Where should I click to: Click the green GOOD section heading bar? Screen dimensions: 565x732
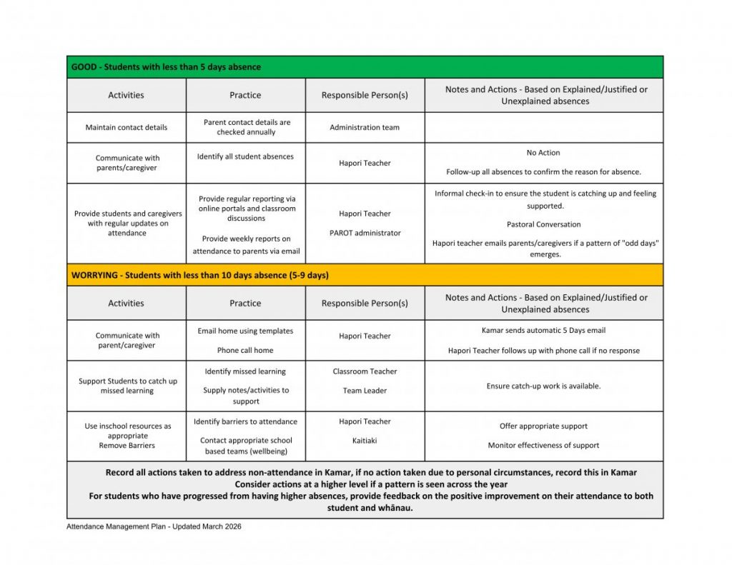(x=365, y=67)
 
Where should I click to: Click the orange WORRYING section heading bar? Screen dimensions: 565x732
(x=365, y=275)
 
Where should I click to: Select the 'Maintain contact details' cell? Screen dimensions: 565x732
(x=127, y=128)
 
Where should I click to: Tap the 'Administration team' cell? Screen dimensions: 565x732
(x=365, y=128)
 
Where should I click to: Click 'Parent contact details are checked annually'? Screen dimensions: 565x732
(x=246, y=127)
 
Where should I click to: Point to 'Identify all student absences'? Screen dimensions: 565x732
(x=245, y=156)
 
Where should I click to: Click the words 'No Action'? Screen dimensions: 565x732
(x=543, y=153)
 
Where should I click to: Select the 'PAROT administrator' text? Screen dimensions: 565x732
(x=365, y=233)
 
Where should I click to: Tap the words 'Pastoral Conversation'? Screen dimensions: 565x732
(x=543, y=224)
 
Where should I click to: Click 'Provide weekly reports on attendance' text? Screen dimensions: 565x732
(x=246, y=245)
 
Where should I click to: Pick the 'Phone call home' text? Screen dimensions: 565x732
(x=245, y=351)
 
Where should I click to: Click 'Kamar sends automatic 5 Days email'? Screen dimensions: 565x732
(x=543, y=331)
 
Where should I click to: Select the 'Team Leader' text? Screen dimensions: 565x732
(x=365, y=391)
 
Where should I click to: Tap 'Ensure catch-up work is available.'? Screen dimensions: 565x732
(x=543, y=386)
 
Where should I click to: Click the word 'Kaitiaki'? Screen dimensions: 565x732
(x=365, y=441)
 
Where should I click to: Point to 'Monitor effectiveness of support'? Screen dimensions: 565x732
(x=543, y=446)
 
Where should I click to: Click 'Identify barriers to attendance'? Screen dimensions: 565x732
(x=245, y=421)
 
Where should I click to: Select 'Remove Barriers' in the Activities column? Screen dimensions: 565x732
(x=127, y=446)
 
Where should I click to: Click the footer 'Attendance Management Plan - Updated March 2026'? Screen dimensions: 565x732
(x=154, y=526)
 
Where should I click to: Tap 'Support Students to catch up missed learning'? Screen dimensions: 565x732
(x=127, y=386)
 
